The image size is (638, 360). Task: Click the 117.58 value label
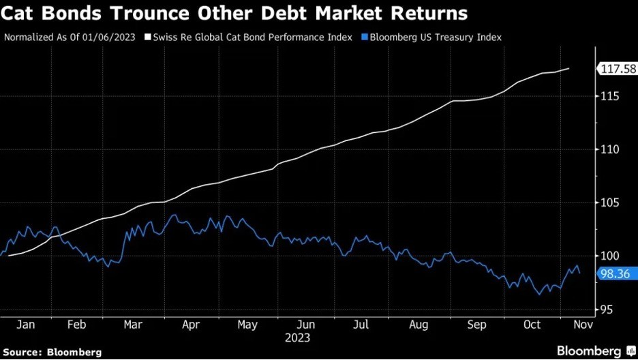(x=618, y=69)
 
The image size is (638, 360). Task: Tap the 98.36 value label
(x=615, y=273)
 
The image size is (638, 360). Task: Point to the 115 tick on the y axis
(x=609, y=96)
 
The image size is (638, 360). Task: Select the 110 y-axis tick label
(x=609, y=149)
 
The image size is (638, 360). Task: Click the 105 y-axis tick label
(x=609, y=202)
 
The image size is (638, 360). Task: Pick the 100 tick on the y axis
(x=609, y=256)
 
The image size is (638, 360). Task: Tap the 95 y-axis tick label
(x=606, y=309)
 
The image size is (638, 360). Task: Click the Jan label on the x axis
(x=26, y=325)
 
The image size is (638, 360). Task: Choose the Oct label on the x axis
(x=532, y=325)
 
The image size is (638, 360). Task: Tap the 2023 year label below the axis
(x=298, y=337)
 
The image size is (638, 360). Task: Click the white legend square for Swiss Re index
(x=148, y=37)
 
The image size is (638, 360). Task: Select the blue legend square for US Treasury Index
(x=365, y=37)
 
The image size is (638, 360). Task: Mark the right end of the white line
(x=569, y=68)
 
